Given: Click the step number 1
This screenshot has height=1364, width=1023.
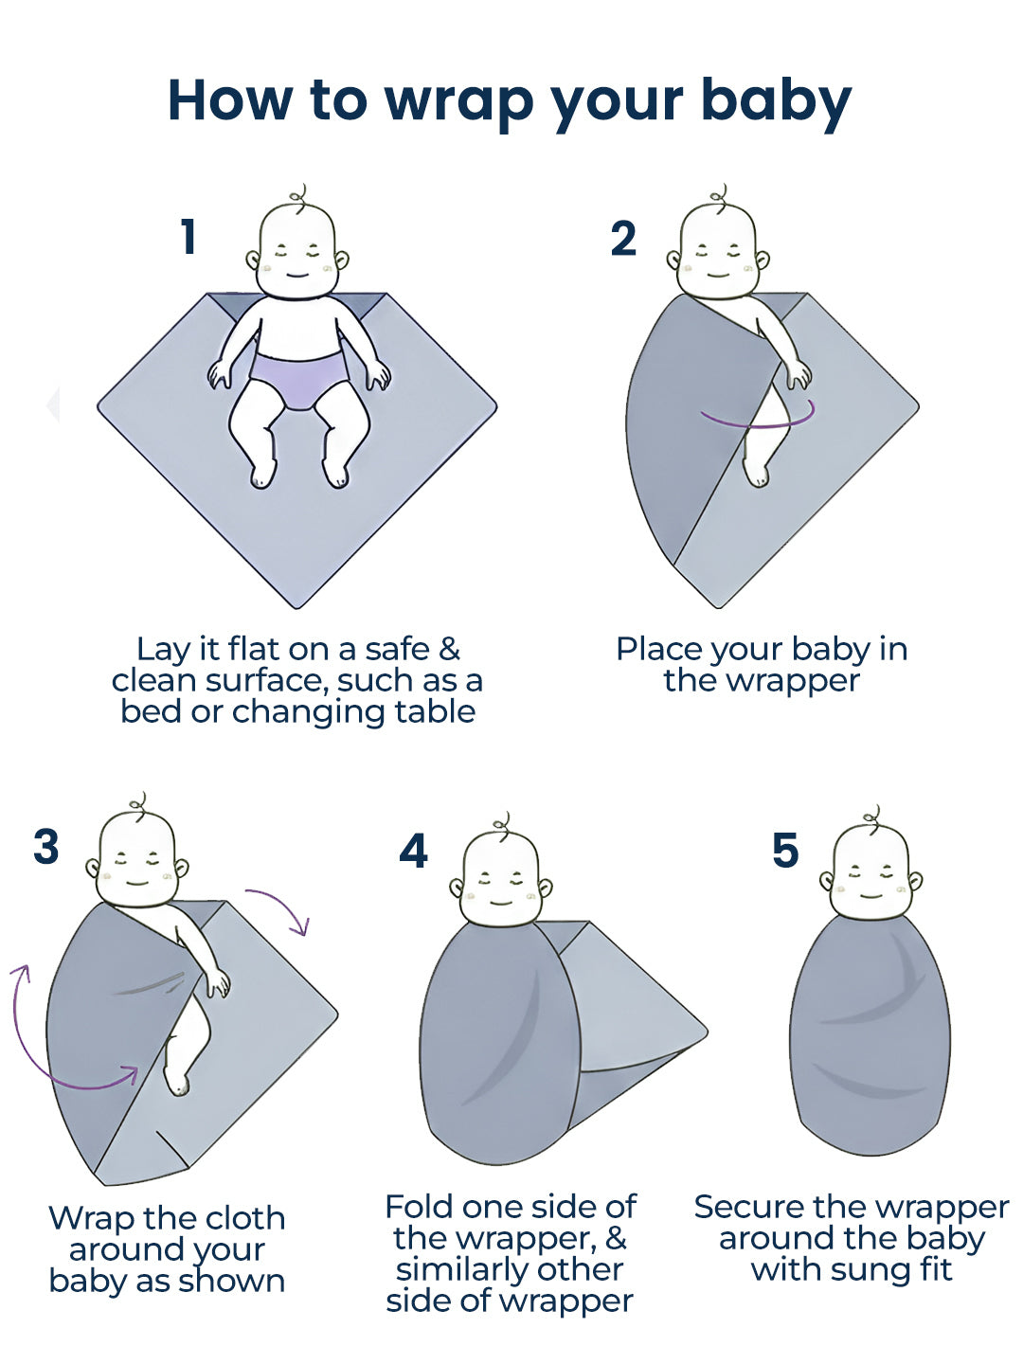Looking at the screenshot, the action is [x=188, y=237].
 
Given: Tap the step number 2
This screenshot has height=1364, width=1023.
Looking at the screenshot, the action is [x=623, y=239].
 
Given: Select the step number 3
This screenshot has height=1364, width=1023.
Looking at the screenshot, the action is [x=46, y=846].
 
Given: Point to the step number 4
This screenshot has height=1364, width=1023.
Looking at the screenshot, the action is [x=413, y=851].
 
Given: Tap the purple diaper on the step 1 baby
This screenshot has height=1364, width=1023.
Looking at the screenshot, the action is [x=299, y=379].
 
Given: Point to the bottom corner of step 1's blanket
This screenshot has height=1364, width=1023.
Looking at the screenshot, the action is [x=296, y=607].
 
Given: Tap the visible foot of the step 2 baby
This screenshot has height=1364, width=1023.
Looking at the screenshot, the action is [x=755, y=473].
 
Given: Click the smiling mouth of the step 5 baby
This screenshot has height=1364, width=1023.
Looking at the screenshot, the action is [x=870, y=895].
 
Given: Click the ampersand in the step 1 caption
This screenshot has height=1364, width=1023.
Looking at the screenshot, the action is [x=449, y=650].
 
